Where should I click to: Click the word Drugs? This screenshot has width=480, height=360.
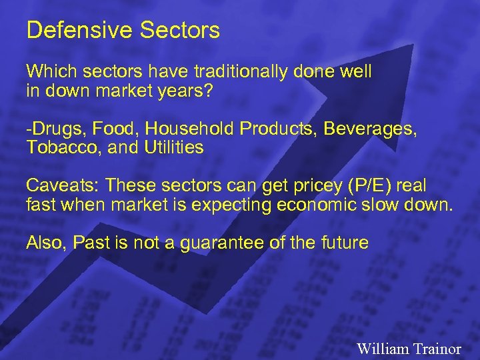49,129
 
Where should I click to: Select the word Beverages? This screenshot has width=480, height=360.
370,129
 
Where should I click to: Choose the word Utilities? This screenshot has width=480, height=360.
173,147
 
